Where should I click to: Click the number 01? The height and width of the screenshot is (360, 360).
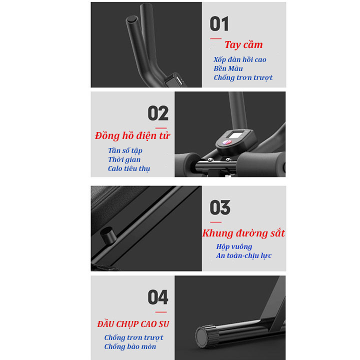click(219, 23)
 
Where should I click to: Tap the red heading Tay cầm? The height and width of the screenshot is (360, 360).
click(243, 44)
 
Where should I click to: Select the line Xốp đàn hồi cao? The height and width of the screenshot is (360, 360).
click(240, 59)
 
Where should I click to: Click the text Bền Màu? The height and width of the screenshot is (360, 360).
click(228, 68)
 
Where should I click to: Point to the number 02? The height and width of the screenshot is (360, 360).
click(158, 113)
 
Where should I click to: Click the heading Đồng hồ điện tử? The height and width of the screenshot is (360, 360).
click(132, 135)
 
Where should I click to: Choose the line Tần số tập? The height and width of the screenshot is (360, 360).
click(125, 150)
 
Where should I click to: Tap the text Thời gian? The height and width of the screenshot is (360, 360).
click(124, 159)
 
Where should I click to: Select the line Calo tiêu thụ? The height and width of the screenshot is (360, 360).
click(129, 168)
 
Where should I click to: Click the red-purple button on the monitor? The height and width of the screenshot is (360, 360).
click(226, 142)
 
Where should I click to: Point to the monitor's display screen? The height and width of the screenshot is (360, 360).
click(236, 135)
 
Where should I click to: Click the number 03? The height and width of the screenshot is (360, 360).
click(220, 207)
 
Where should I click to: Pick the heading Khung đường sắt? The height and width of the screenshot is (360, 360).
click(243, 233)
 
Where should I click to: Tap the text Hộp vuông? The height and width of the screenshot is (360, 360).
click(234, 246)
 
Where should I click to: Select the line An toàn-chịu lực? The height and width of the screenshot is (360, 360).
click(244, 255)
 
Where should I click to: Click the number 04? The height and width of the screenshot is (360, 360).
click(158, 297)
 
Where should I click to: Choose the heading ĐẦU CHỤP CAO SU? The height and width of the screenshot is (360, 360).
click(133, 324)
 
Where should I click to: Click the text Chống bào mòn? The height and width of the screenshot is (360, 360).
click(130, 346)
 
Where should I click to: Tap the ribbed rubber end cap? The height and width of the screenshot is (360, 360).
click(206, 336)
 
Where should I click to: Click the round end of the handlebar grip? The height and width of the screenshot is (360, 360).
click(132, 19)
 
